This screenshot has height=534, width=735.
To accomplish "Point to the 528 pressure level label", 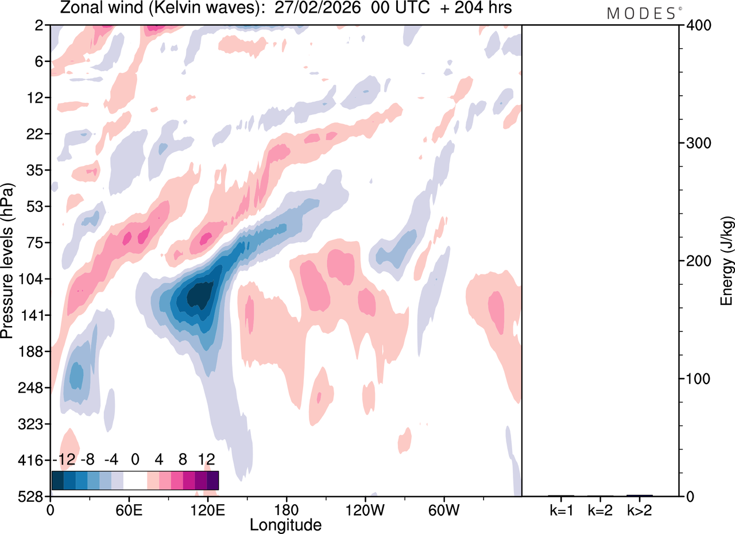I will point(35,496).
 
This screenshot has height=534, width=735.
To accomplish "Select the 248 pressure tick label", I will point(35,388).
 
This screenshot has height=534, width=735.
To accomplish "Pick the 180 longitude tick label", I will point(285,508).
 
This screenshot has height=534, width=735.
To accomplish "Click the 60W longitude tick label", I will point(443,508).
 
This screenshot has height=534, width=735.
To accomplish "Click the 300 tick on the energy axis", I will point(697,143).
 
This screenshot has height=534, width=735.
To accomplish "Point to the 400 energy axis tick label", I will point(697,25).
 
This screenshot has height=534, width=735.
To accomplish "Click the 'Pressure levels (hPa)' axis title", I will point(7,261).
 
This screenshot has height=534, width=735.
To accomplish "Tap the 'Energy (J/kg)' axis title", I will point(726,261).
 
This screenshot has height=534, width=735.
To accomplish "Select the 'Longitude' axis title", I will point(285,525).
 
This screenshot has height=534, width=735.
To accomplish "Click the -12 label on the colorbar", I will point(63,459).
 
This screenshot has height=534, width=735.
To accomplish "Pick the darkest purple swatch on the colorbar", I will point(212,480).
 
